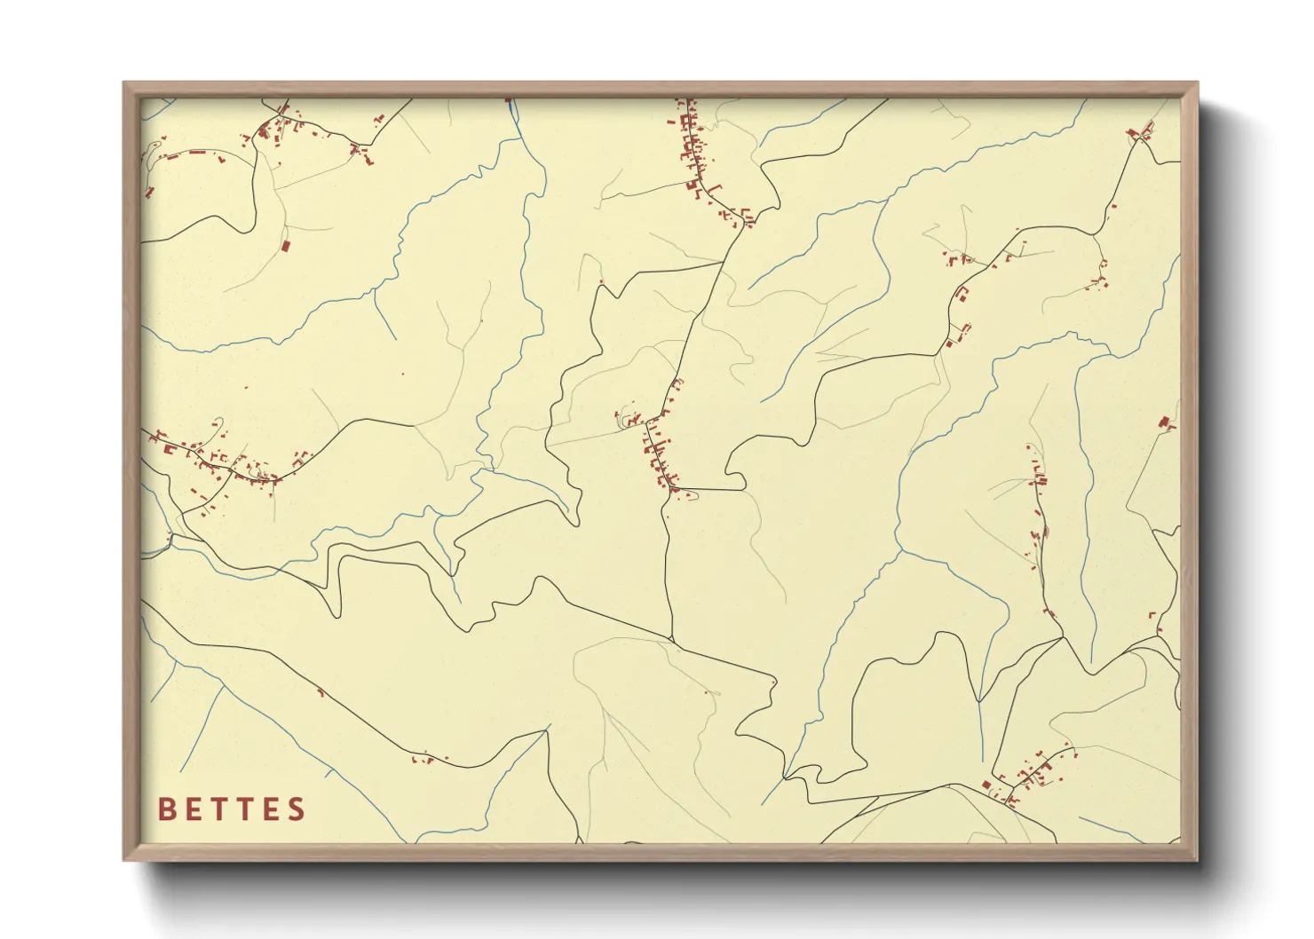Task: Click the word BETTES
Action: pos(232,809)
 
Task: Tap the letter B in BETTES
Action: pos(166,809)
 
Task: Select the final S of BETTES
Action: pos(297,809)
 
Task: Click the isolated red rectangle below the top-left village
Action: pos(286,245)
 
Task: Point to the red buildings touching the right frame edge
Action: pos(1166,424)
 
